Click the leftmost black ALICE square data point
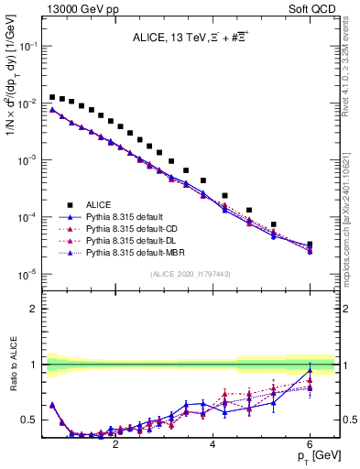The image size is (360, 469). coord(53,96)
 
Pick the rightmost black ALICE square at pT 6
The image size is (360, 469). coord(310,245)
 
